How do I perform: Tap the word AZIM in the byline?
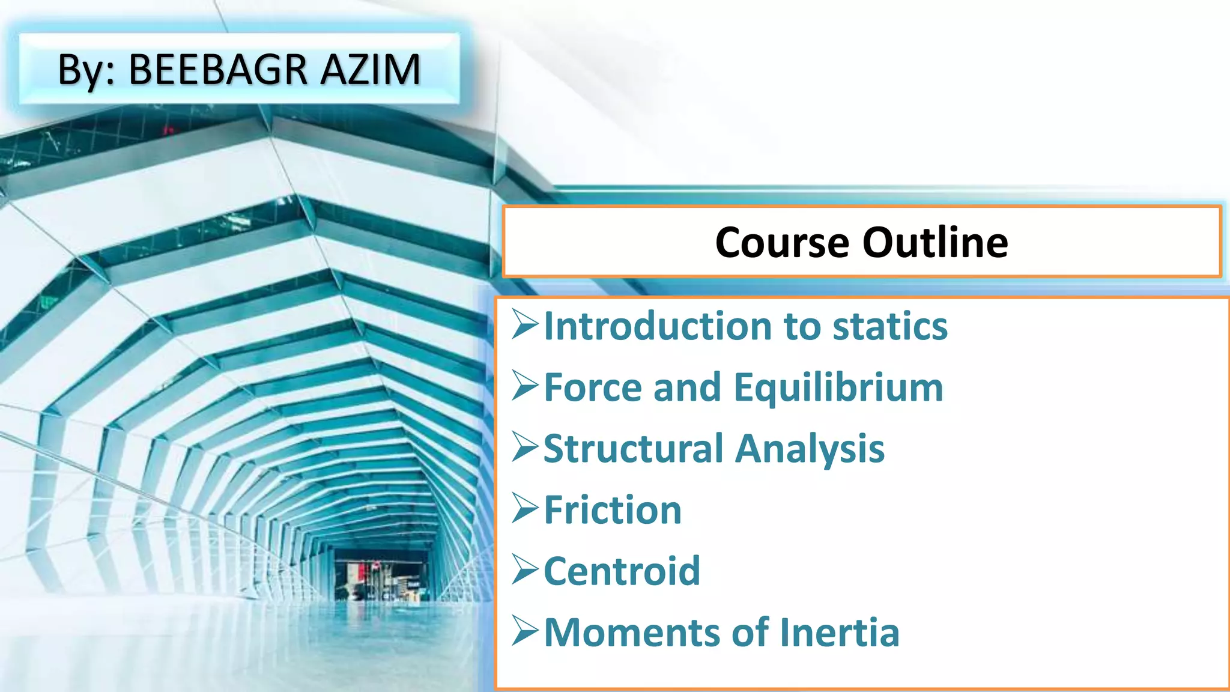click(x=370, y=70)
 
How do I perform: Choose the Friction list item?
click(x=613, y=510)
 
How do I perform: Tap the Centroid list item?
click(x=622, y=571)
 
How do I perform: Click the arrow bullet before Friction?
click(x=525, y=509)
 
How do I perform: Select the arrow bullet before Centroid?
click(x=525, y=570)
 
